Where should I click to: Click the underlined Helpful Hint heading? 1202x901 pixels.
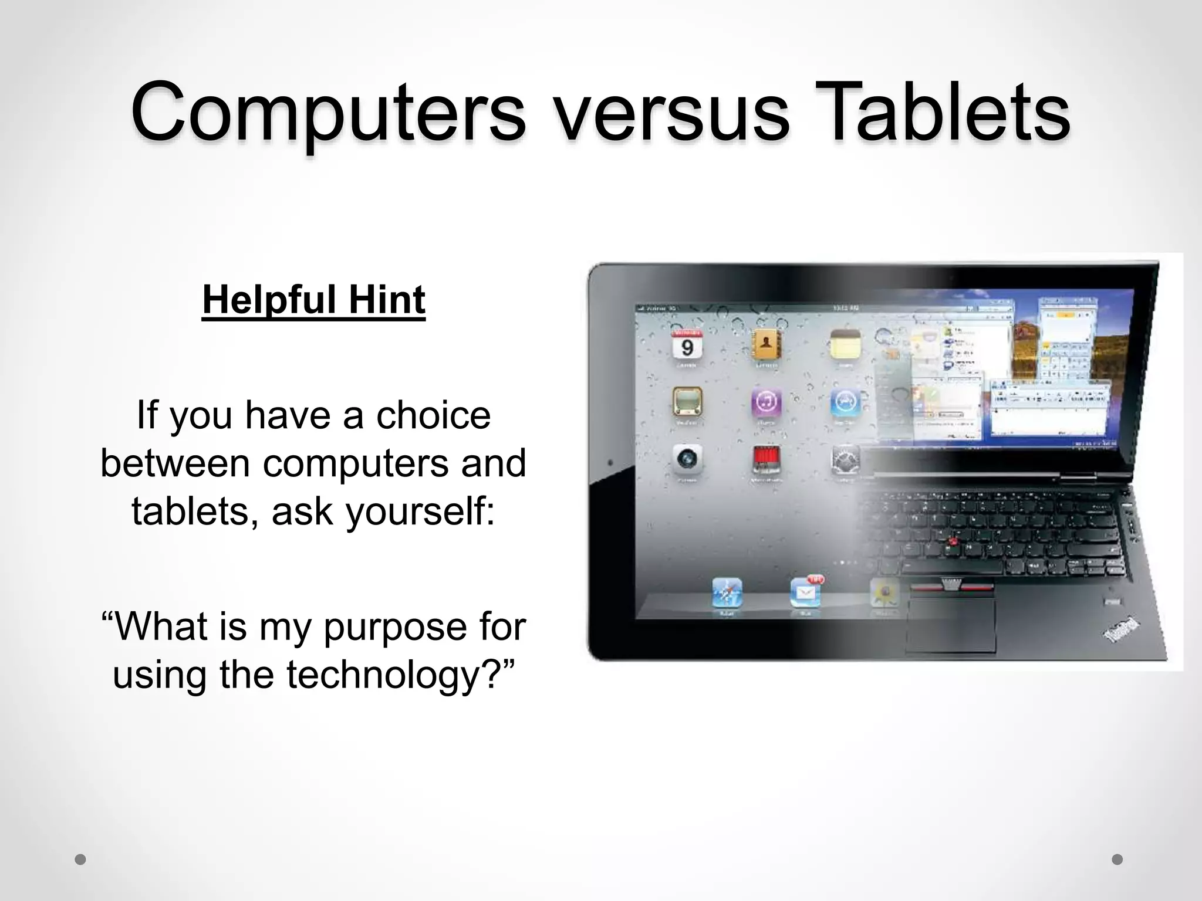313,300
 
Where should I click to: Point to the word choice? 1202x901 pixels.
433,415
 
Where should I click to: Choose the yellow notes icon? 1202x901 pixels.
845,345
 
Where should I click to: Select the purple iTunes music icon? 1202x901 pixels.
766,402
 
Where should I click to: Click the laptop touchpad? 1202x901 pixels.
951,625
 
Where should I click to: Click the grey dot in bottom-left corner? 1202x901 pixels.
81,859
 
